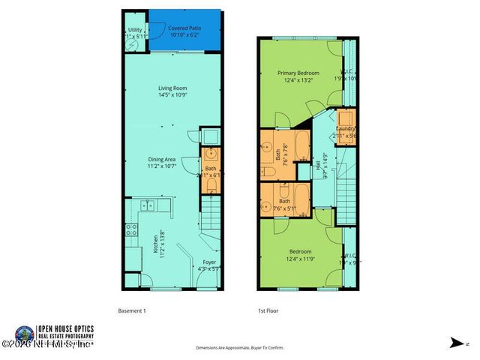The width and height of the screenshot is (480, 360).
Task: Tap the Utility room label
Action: pos(135,32)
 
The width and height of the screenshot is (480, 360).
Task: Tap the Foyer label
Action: pos(208,265)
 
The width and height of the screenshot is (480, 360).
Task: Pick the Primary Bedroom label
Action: pos(298,76)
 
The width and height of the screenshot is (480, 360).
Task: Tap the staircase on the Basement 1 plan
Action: pos(212,217)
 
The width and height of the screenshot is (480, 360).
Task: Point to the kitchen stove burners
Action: pos(131,229)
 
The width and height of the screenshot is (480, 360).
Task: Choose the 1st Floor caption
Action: pos(268,310)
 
